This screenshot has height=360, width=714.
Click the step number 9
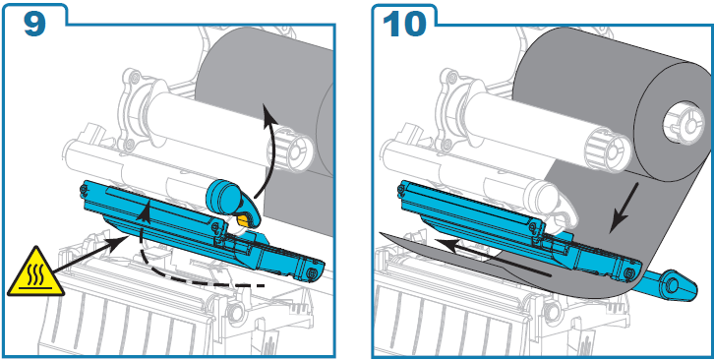[x=35, y=22]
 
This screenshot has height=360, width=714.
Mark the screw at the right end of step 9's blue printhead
[x=313, y=272]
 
